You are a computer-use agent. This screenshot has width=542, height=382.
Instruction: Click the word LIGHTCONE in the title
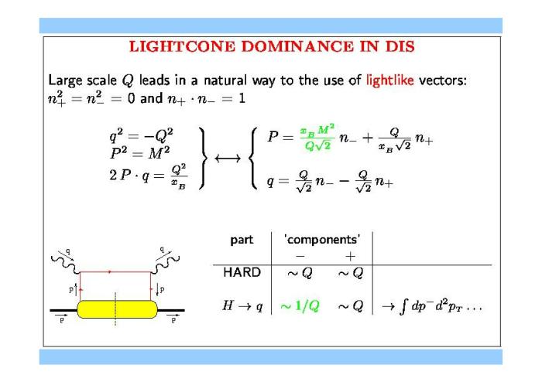pyautogui.click(x=182, y=46)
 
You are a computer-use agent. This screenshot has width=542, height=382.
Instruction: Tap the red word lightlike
pyautogui.click(x=389, y=80)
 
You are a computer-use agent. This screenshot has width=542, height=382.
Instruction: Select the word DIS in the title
pyautogui.click(x=400, y=46)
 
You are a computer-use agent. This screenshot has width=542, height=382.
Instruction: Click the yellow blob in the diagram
pyautogui.click(x=117, y=309)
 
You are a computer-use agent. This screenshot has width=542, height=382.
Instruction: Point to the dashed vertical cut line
pyautogui.click(x=115, y=309)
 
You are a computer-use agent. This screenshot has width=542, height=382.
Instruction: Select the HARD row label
pyautogui.click(x=242, y=272)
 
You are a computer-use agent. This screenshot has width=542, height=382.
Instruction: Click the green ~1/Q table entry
pyautogui.click(x=300, y=306)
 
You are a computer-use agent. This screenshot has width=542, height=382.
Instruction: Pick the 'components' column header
pyautogui.click(x=322, y=240)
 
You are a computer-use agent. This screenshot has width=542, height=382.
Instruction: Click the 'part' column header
pyautogui.click(x=242, y=240)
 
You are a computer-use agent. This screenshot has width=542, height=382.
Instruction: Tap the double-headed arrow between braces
pyautogui.click(x=228, y=159)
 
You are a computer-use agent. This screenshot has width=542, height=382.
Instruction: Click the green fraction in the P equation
pyautogui.click(x=317, y=138)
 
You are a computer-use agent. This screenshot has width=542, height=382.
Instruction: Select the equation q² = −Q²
pyautogui.click(x=142, y=135)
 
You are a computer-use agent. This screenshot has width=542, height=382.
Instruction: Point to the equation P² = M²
pyautogui.click(x=140, y=152)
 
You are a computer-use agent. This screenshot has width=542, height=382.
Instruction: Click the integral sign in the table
pyautogui.click(x=403, y=307)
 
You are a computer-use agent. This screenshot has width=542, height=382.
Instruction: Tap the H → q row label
pyautogui.click(x=242, y=305)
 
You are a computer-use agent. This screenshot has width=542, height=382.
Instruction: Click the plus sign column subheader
pyautogui.click(x=350, y=256)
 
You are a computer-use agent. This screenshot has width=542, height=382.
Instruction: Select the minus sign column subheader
pyautogui.click(x=300, y=257)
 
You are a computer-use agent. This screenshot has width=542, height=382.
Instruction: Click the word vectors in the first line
pyautogui.click(x=442, y=80)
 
